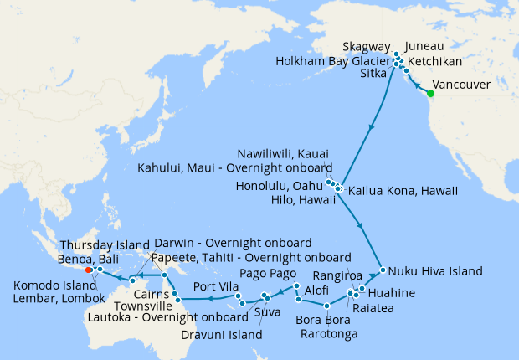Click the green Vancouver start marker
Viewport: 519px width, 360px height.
(430, 93)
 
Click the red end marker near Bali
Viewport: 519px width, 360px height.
(89, 270)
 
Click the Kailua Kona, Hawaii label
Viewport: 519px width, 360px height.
(403, 191)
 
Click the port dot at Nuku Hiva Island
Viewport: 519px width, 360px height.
(382, 270)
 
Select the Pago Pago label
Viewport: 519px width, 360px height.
(264, 274)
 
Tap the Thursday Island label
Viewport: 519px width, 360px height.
(101, 244)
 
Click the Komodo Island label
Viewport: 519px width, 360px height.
(53, 285)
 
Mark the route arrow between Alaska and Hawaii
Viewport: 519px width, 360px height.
(369, 128)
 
